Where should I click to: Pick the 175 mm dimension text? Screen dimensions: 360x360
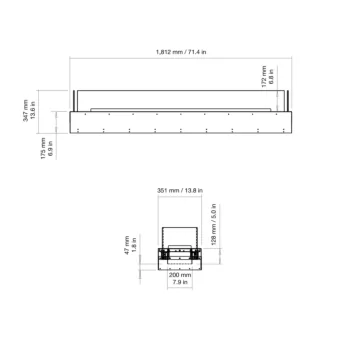(40, 148)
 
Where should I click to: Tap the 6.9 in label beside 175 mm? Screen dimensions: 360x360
(49, 148)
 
